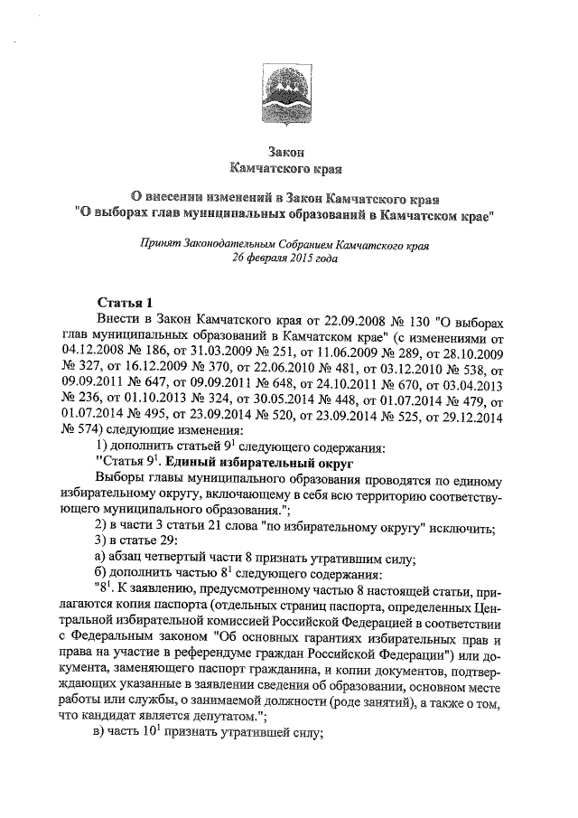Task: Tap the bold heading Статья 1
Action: tap(126, 301)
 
